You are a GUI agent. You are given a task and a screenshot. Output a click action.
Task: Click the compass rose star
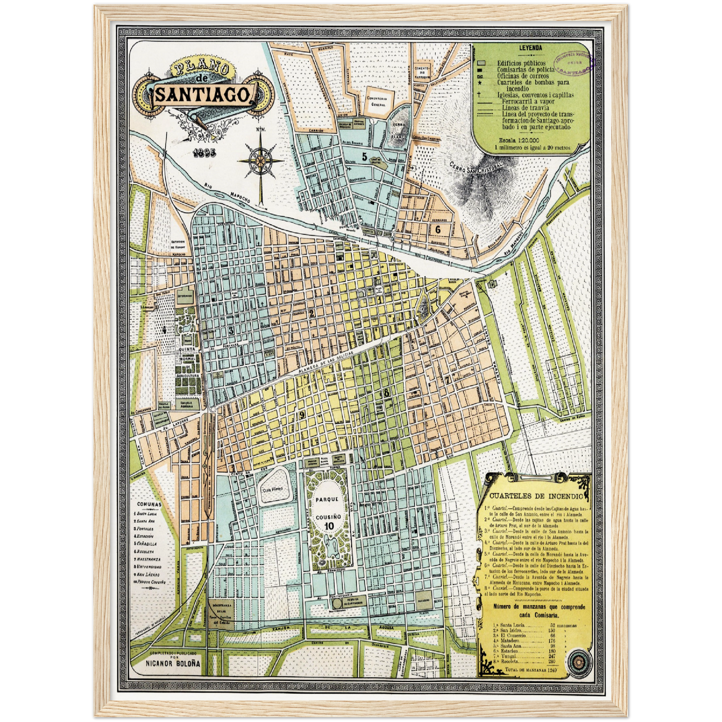(260, 160)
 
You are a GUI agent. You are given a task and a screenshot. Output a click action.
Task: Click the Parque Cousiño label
(327, 507)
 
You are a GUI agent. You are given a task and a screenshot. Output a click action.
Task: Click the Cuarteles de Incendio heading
(536, 496)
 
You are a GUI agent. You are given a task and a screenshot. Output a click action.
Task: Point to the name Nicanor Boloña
(173, 663)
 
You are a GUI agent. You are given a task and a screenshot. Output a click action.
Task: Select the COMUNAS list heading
(149, 505)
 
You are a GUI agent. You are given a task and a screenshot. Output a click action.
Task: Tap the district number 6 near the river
(438, 229)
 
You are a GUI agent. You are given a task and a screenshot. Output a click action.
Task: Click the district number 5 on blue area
(365, 156)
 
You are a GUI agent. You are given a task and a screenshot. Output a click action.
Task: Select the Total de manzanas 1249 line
(531, 669)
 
